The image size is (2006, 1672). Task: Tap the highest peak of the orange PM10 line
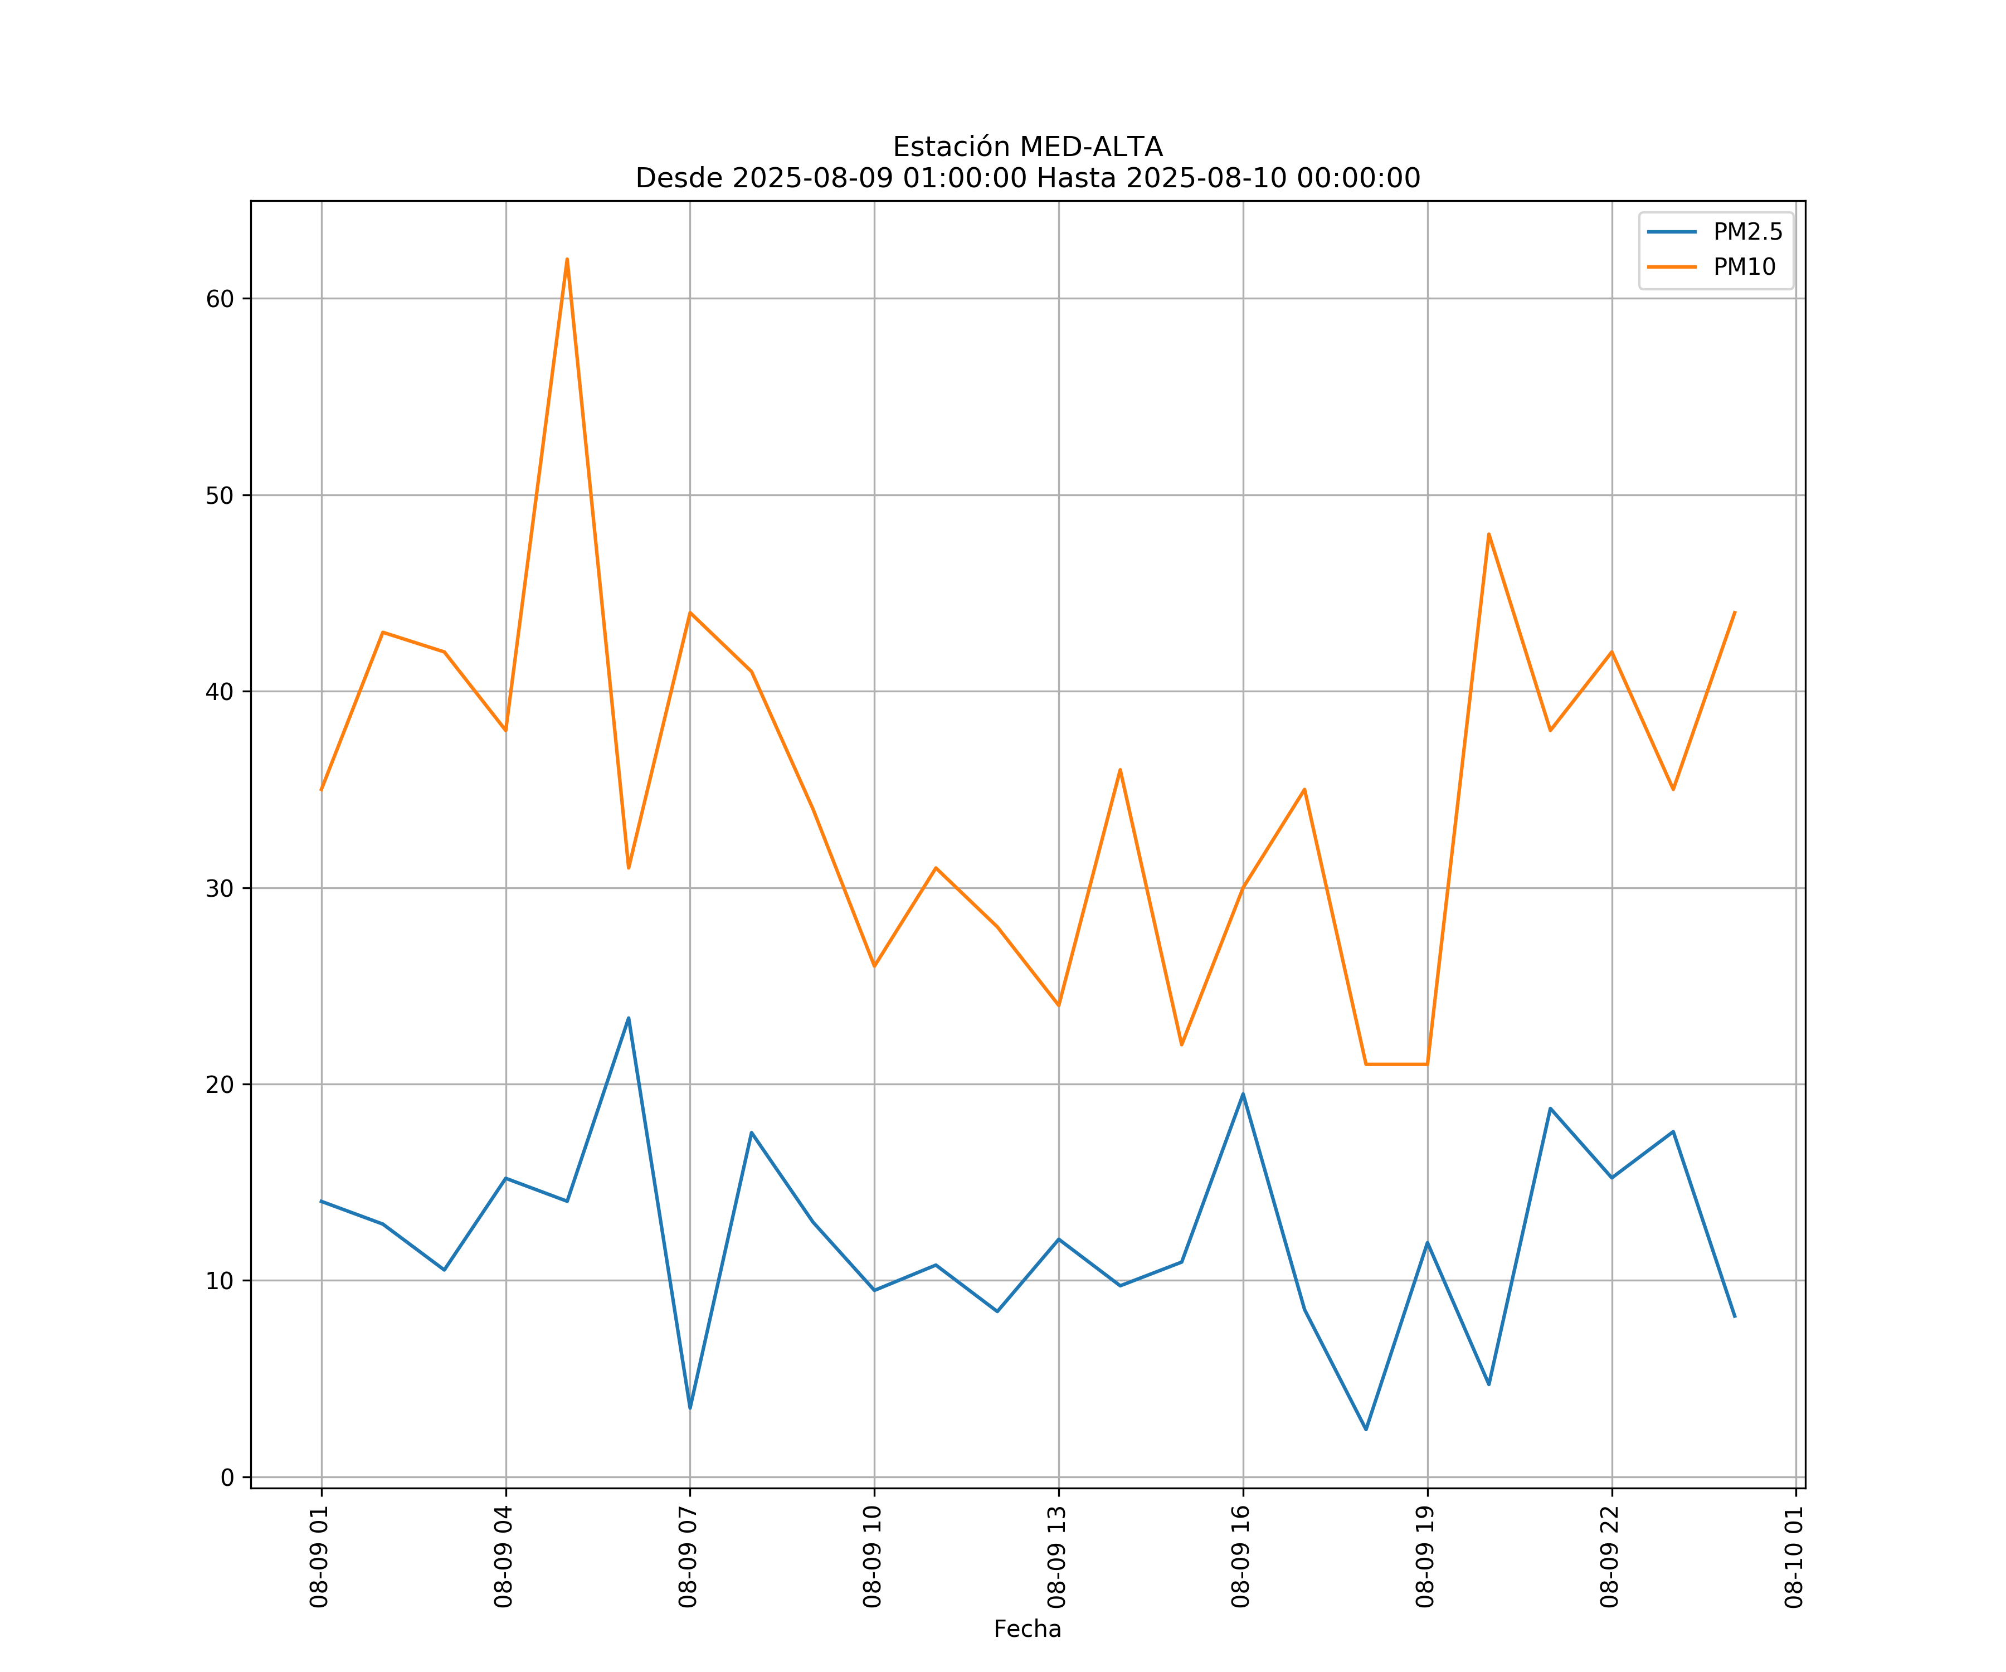click(x=567, y=259)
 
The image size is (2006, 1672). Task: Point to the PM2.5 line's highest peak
click(x=629, y=1018)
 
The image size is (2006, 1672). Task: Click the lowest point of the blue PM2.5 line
click(x=1366, y=1430)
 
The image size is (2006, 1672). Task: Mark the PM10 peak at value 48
click(x=1488, y=534)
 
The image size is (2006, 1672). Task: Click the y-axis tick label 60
click(x=220, y=299)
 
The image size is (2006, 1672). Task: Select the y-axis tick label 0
click(x=227, y=1478)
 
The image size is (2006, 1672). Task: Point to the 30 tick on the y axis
click(x=220, y=888)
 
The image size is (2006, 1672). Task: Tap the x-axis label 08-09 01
click(x=319, y=1557)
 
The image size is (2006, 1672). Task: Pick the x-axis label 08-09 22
click(x=1610, y=1557)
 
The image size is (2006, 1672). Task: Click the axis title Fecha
click(x=1027, y=1629)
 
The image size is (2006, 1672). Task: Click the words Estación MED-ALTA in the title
click(x=1027, y=147)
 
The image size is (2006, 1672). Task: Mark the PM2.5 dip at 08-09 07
click(x=690, y=1407)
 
